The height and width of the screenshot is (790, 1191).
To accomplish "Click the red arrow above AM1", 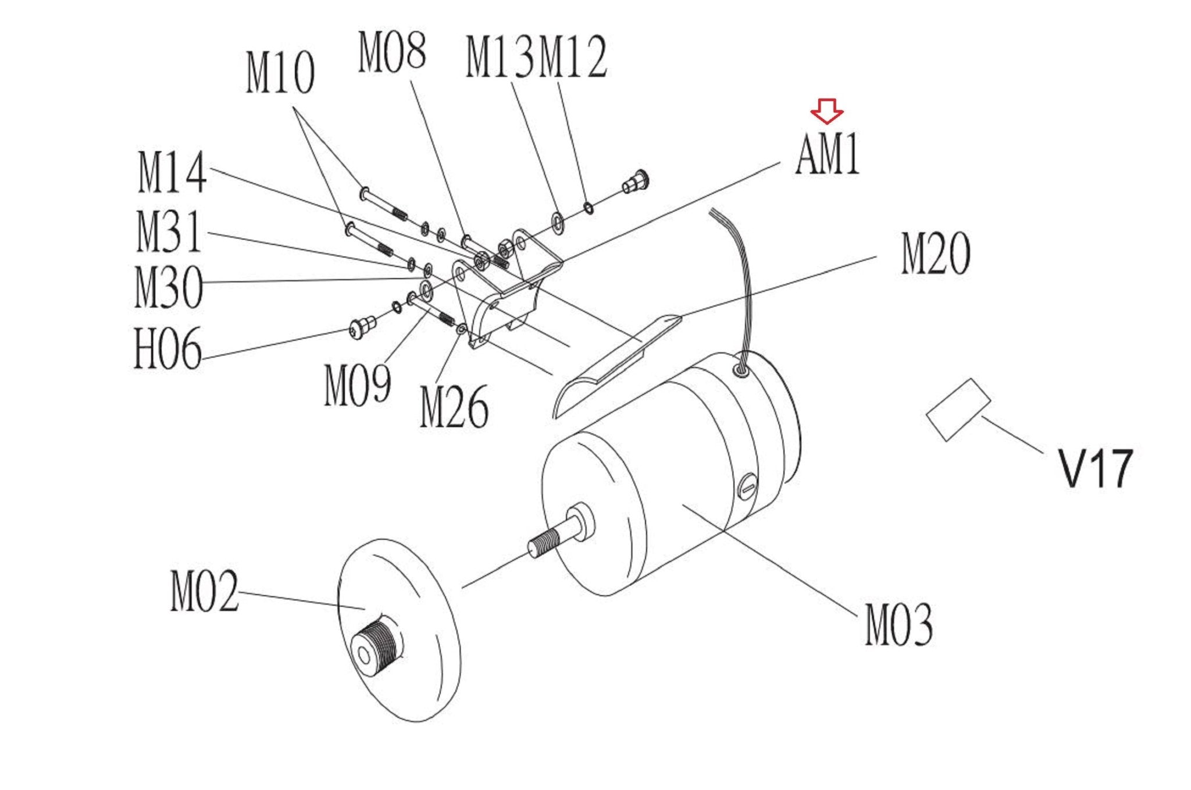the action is [826, 111].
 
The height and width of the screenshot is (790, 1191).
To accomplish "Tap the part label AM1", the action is [827, 154].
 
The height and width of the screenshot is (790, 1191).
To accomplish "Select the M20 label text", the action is [935, 253].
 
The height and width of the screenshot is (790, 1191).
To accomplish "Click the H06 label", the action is [167, 348].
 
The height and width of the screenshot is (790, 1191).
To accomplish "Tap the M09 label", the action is [358, 384].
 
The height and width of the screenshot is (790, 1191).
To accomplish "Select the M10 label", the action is [280, 72].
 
